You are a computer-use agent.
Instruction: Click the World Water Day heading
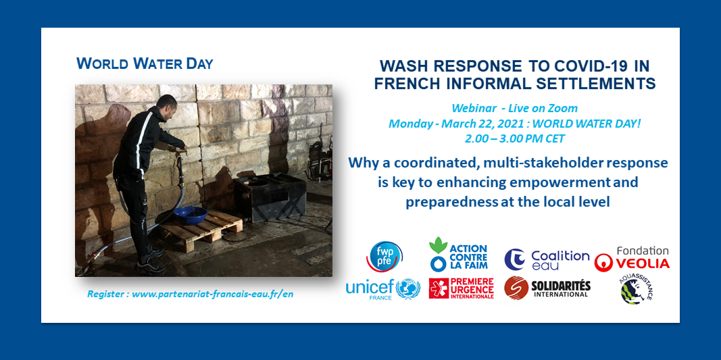coord(145,63)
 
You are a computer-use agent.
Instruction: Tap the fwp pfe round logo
coord(384,256)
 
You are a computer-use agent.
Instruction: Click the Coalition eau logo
coord(547,260)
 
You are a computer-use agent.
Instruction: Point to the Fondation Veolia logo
coord(632,259)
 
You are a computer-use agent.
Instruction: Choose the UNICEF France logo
coord(382,289)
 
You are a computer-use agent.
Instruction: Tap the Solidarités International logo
coord(547,288)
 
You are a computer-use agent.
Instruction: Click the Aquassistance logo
coord(636,290)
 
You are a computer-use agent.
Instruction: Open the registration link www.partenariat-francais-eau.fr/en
coord(212,294)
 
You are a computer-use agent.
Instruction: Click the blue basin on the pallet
coord(190,215)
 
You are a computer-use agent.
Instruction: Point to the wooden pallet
coord(200,230)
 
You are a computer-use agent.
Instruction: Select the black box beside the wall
coord(270,197)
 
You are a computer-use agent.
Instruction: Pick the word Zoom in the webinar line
coord(566,109)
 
